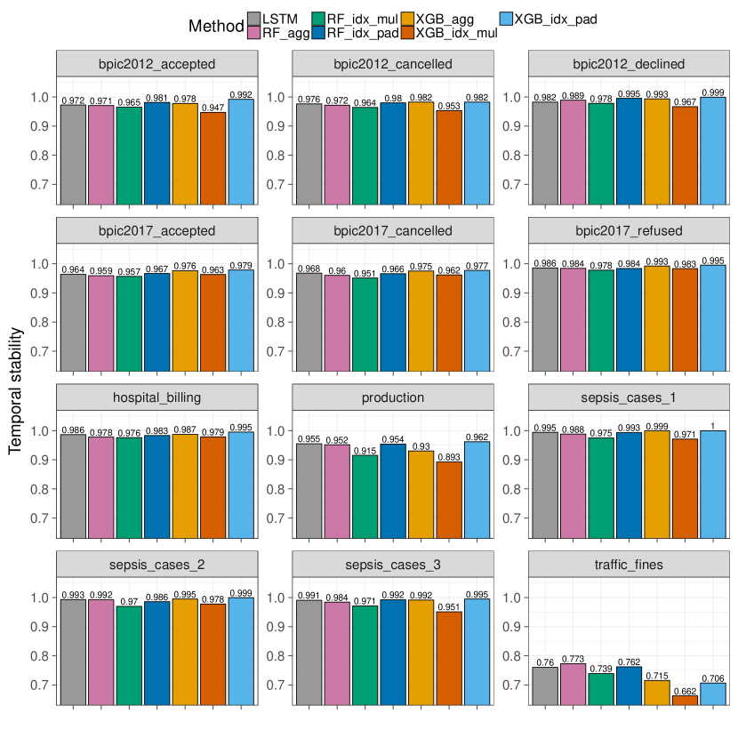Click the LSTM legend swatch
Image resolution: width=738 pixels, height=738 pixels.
pyautogui.click(x=254, y=20)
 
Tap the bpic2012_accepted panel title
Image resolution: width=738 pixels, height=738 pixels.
pyautogui.click(x=157, y=64)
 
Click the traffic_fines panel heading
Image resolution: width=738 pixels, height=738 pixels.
pyautogui.click(x=628, y=564)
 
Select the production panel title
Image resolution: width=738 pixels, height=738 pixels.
pyautogui.click(x=393, y=397)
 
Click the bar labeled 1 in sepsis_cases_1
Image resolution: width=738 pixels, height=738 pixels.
pyautogui.click(x=712, y=484)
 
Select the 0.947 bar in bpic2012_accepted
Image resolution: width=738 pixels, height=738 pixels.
pyautogui.click(x=213, y=153)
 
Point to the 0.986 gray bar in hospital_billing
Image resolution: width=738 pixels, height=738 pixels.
pyautogui.click(x=73, y=485)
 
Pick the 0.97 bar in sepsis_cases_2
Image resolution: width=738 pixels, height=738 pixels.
pyautogui.click(x=130, y=654)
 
